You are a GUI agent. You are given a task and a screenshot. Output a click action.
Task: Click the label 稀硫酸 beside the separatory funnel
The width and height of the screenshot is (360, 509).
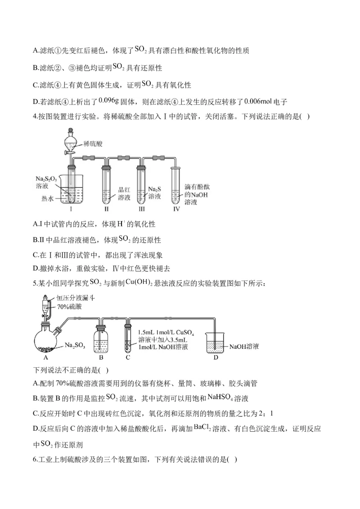click(93, 144)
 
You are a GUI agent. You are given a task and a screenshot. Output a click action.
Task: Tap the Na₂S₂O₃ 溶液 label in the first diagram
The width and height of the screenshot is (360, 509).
click(46, 182)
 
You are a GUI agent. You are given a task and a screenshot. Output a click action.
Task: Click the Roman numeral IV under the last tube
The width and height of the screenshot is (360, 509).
click(176, 210)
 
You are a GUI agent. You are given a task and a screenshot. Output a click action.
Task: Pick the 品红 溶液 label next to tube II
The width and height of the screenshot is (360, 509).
click(124, 193)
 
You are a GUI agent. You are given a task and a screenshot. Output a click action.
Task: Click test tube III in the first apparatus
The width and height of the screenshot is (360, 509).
click(142, 184)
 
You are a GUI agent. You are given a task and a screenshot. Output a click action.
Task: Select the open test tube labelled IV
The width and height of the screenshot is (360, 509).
click(176, 184)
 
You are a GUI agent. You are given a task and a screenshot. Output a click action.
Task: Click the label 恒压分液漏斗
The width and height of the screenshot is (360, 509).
click(76, 298)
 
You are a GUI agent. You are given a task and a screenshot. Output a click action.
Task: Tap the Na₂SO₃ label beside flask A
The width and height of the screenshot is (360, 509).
click(75, 346)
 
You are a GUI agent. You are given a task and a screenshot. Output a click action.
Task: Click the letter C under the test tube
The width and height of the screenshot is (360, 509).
click(128, 358)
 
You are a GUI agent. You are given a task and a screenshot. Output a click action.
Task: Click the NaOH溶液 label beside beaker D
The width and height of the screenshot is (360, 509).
click(244, 347)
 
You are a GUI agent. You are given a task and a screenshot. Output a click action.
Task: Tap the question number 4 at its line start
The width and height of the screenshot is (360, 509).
click(35, 116)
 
